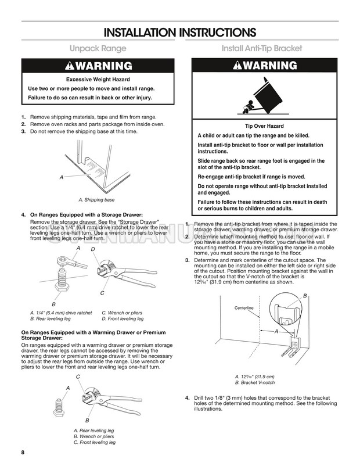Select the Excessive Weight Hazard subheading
point(98,79)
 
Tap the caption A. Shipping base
point(96,200)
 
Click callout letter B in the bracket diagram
point(304,296)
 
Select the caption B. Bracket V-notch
point(255,383)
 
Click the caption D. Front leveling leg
point(123,319)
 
